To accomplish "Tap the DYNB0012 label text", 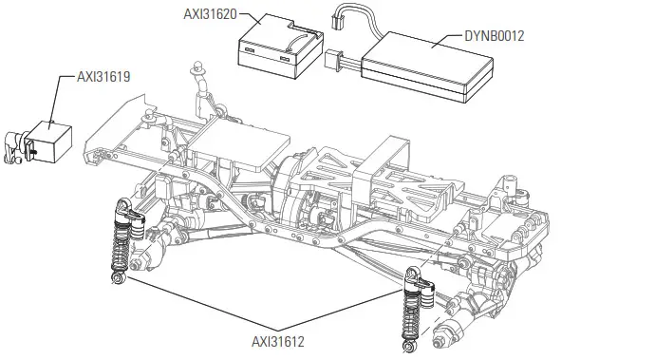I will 494,36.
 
